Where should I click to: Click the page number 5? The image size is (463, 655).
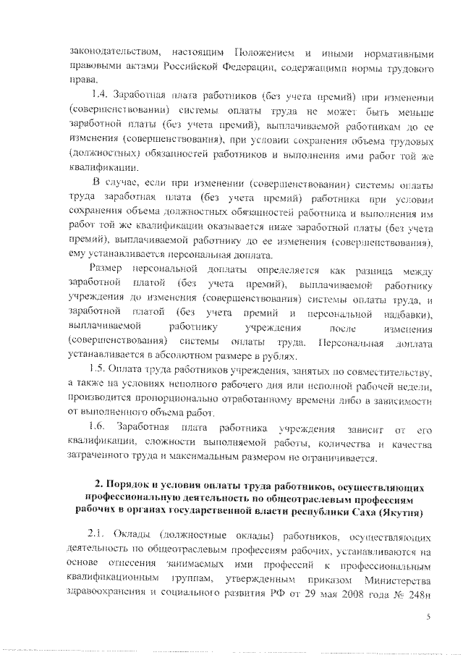pos(428,616)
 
